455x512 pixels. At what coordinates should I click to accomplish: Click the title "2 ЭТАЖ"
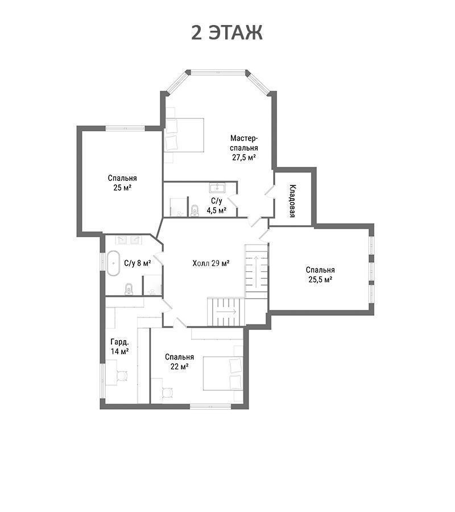[x=227, y=32]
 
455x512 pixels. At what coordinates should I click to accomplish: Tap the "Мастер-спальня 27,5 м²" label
[x=244, y=147]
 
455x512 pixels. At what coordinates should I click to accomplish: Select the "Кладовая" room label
[x=292, y=201]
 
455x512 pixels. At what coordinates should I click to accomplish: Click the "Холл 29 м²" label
[x=211, y=263]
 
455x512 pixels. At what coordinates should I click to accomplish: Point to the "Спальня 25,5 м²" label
[x=320, y=275]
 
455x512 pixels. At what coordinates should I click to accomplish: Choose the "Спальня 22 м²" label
[x=179, y=362]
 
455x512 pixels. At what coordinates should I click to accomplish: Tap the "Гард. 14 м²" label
[x=119, y=347]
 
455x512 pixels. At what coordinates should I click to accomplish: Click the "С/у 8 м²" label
[x=138, y=263]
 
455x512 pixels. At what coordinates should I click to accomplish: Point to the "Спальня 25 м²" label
[x=122, y=183]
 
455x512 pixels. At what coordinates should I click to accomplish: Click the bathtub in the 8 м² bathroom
[x=113, y=263]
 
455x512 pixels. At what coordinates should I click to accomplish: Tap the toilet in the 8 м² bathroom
[x=129, y=290]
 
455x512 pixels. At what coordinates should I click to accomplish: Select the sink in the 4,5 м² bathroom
[x=217, y=188]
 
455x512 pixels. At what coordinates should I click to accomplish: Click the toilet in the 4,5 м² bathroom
[x=195, y=210]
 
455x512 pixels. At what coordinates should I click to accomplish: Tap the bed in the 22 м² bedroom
[x=224, y=373]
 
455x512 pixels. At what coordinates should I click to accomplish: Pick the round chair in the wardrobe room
[x=122, y=376]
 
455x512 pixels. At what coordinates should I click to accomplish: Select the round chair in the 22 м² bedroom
[x=167, y=393]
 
